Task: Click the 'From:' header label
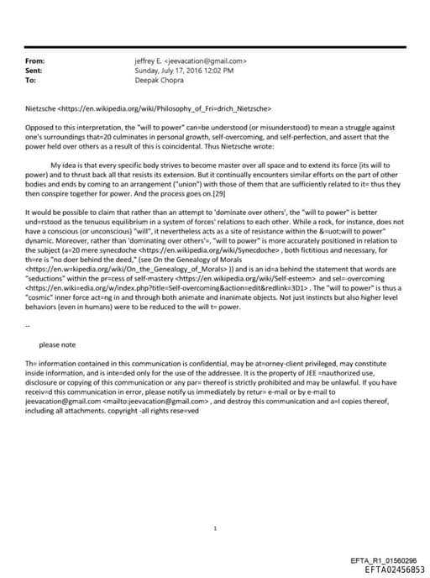35,61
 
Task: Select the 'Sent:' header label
34,71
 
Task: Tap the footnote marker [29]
283,192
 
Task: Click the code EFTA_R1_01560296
383,560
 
